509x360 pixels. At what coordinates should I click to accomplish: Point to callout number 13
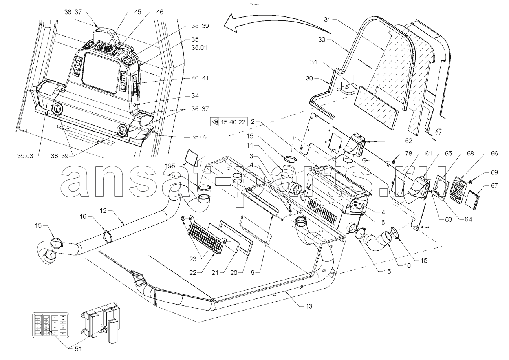[x=309, y=306]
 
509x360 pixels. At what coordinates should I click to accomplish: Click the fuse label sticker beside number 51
[x=50, y=324]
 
